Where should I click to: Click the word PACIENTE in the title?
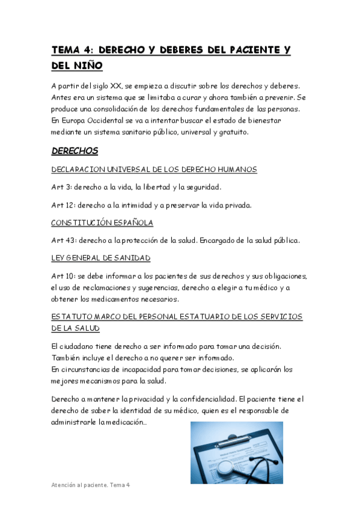[239, 50]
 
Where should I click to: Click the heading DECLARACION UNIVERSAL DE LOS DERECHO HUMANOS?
[154, 170]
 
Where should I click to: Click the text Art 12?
[63, 204]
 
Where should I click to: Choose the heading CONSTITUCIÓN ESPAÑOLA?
[102, 223]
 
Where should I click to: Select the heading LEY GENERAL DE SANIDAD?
[101, 258]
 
